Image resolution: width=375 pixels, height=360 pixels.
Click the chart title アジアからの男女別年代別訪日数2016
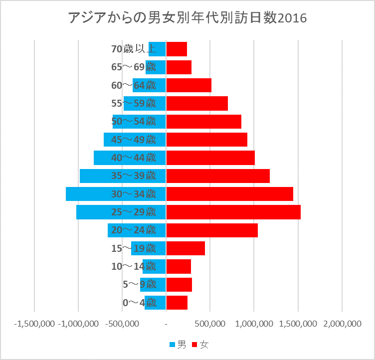(x=187, y=18)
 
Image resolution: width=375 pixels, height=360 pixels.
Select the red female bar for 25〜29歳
(x=233, y=212)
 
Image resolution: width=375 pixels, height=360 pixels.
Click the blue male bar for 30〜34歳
(x=90, y=194)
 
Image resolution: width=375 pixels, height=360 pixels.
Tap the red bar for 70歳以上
(x=176, y=49)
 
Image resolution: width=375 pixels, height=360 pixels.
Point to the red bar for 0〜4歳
(x=177, y=303)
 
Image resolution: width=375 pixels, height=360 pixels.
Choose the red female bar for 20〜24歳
(x=211, y=230)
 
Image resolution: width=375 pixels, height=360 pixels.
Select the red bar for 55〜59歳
(x=196, y=103)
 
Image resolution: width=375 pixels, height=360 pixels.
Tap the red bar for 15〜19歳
(x=185, y=248)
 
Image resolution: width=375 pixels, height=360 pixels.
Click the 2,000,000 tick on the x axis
(x=342, y=324)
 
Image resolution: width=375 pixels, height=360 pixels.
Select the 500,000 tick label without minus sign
(x=210, y=324)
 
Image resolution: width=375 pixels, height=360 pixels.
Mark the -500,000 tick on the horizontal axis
(x=123, y=324)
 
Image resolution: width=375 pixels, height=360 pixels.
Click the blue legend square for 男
(x=173, y=345)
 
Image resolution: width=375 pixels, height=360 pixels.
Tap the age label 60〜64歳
(x=134, y=85)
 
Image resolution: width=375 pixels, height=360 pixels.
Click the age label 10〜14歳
(x=134, y=266)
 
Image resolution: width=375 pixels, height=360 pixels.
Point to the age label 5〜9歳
(x=139, y=285)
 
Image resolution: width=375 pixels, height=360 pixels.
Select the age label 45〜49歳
(x=134, y=140)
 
